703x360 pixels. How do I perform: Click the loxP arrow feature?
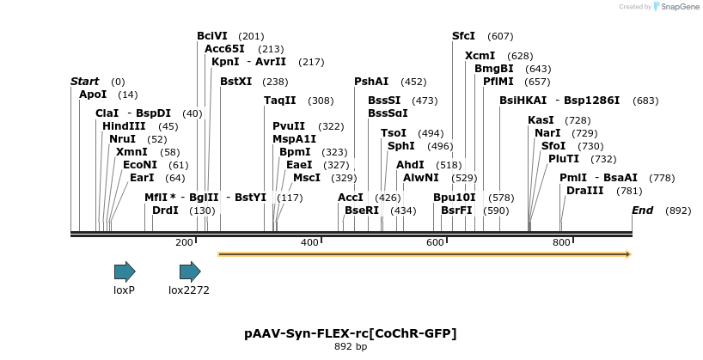[x=125, y=272]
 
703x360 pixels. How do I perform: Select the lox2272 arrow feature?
[x=189, y=272]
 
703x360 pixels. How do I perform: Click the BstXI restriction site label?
[x=236, y=82]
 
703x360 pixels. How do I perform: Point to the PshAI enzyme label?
[x=371, y=82]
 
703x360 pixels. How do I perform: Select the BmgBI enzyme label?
[x=494, y=69]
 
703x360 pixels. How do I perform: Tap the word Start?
[x=84, y=82]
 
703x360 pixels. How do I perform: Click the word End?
[x=642, y=211]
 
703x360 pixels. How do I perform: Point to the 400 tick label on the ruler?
[x=310, y=243]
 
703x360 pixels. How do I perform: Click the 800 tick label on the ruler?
[x=561, y=243]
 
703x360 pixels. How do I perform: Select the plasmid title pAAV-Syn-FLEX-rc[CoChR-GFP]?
[x=351, y=333]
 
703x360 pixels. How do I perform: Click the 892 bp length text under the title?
[x=351, y=347]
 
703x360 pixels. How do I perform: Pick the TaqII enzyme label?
[x=279, y=101]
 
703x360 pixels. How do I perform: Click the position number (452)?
[x=413, y=82]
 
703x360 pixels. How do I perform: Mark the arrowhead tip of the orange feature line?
[x=630, y=254]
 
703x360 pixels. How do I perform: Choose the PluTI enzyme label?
[x=564, y=158]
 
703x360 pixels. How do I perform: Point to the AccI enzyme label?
[x=351, y=197]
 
